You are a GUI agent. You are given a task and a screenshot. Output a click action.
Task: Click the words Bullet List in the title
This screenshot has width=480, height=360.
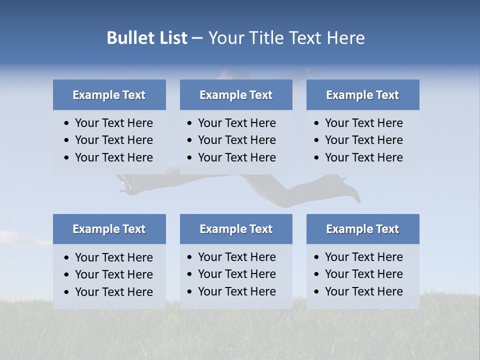(147, 38)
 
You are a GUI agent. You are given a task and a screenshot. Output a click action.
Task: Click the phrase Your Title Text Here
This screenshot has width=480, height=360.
(286, 38)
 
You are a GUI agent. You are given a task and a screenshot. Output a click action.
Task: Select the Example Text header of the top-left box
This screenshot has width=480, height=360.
(109, 95)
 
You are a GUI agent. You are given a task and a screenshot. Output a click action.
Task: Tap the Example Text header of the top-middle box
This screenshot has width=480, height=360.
(236, 95)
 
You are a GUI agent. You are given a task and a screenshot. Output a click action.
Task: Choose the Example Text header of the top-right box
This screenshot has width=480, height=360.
(362, 95)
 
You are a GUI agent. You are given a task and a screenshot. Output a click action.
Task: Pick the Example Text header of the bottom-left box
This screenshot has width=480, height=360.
(109, 229)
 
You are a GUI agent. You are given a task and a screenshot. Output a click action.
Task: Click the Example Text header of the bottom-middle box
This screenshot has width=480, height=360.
(236, 229)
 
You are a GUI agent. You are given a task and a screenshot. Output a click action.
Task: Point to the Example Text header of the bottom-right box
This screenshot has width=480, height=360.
(362, 229)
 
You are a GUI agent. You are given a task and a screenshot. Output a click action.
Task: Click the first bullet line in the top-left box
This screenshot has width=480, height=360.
(113, 123)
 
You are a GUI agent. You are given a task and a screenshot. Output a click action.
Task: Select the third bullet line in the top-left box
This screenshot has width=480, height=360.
(113, 157)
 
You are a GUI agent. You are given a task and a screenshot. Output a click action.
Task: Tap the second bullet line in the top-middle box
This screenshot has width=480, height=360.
(236, 140)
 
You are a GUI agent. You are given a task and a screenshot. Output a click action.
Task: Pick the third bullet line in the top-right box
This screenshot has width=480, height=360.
(363, 157)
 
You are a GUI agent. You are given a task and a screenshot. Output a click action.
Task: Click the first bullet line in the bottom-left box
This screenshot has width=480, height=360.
(113, 257)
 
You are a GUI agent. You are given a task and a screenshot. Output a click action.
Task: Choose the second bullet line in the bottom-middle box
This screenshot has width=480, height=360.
(236, 274)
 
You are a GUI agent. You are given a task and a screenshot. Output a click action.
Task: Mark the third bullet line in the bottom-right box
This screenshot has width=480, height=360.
(363, 291)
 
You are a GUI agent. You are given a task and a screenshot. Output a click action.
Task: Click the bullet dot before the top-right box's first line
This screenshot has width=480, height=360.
(317, 123)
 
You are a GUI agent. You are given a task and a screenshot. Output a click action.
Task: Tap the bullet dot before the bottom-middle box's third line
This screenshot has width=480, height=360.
(190, 292)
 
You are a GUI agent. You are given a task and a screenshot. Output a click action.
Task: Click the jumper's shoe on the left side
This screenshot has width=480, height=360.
(125, 185)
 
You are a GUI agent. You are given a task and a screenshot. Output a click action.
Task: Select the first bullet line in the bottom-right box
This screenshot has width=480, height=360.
(363, 257)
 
